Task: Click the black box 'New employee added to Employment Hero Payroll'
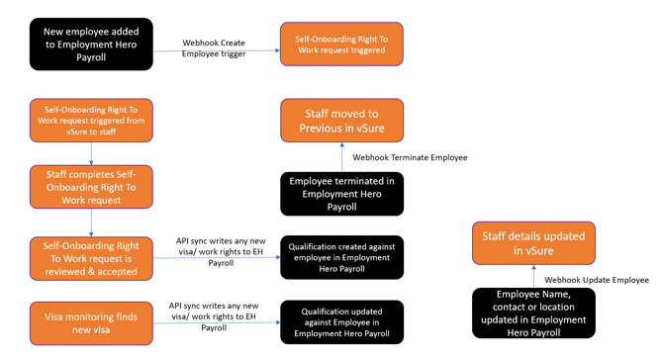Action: coord(91,45)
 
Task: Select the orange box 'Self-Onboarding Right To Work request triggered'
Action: coord(341,45)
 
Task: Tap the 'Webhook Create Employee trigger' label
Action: coord(214,48)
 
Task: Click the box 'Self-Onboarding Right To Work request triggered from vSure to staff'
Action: coord(91,120)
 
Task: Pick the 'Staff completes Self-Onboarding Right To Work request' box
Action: coord(91,186)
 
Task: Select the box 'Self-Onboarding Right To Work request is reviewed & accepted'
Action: coord(91,257)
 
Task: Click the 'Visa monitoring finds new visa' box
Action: coord(91,322)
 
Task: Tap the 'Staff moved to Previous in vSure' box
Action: coord(341,121)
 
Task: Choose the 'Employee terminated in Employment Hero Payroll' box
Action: coord(341,194)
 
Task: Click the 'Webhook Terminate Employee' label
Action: coord(410,157)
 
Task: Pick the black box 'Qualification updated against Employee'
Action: coord(341,322)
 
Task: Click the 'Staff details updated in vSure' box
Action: coord(533,243)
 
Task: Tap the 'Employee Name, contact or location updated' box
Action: coord(533,314)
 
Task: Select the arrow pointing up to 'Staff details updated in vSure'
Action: coord(533,277)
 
